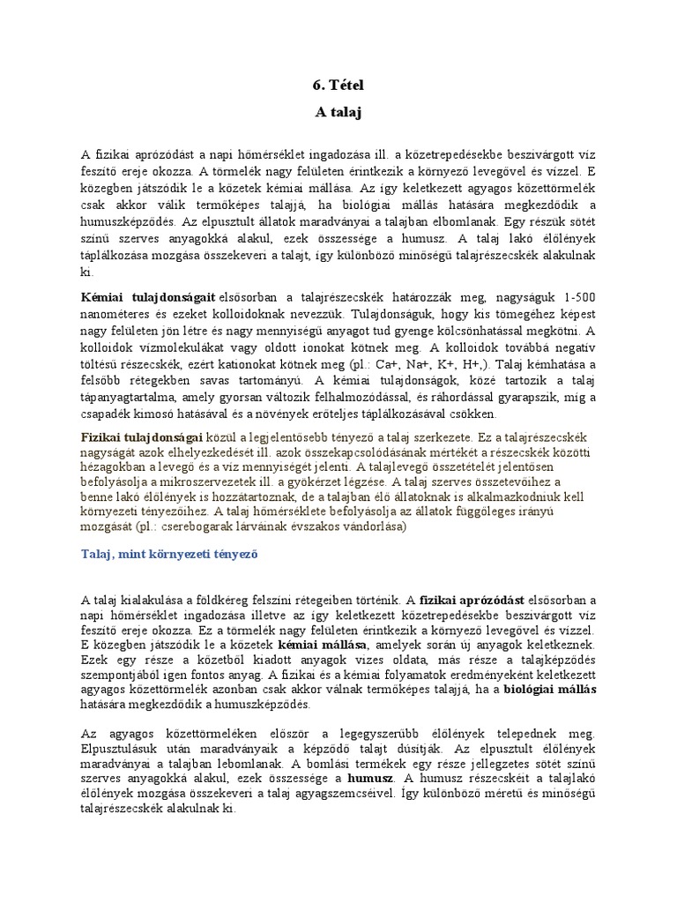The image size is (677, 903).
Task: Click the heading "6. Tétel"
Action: click(x=338, y=86)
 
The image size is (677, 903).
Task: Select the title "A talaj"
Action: click(x=338, y=112)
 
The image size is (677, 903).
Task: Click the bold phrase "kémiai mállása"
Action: click(x=320, y=646)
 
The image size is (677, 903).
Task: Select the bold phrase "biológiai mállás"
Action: click(x=549, y=690)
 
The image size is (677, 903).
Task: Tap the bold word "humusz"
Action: click(x=371, y=780)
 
